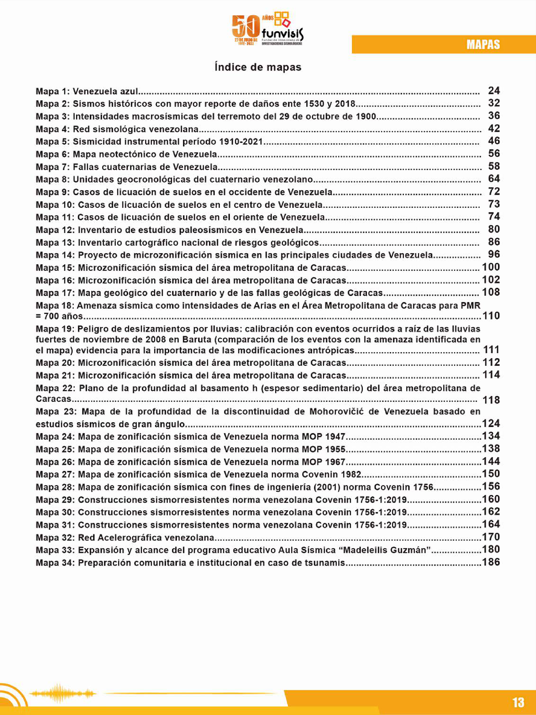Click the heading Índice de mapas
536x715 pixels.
258,67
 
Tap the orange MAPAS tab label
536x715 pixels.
483,44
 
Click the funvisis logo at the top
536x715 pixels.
268,29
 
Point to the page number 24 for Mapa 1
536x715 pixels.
494,91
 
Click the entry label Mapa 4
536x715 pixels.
53,129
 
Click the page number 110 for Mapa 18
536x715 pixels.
491,316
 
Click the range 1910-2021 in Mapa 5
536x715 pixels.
241,142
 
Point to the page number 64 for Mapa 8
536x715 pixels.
494,179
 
